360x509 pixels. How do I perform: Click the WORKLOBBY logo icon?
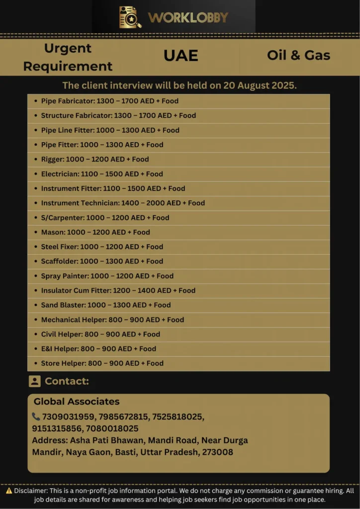(x=130, y=17)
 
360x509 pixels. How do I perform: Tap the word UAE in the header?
(x=181, y=56)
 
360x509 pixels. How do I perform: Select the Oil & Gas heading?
(x=298, y=55)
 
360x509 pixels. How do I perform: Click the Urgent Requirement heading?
(x=68, y=57)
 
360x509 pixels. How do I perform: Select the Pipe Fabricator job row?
(x=110, y=101)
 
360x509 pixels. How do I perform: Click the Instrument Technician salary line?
(x=123, y=203)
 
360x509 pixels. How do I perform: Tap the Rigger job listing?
(x=95, y=159)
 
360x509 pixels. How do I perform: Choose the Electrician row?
(x=102, y=174)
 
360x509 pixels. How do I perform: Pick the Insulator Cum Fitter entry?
(x=118, y=290)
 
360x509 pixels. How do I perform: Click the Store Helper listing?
(x=102, y=363)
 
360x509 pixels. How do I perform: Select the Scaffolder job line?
(x=102, y=261)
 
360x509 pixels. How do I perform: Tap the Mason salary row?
(x=95, y=232)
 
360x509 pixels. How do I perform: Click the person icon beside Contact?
(x=34, y=381)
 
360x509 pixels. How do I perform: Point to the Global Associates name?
(x=77, y=402)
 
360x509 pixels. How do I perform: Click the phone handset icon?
(x=36, y=417)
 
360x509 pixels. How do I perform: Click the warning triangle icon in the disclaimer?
(x=9, y=491)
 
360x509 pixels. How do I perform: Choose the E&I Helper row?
(x=98, y=349)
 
